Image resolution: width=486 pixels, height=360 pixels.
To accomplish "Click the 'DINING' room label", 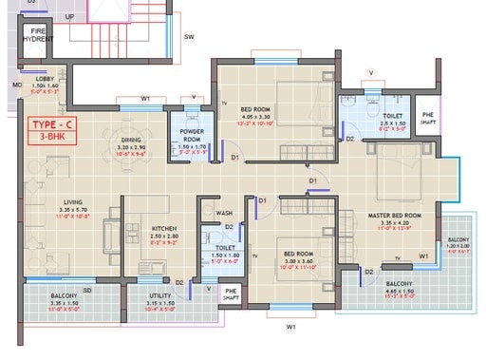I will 132,141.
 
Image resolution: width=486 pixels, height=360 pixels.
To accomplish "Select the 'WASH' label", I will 225,214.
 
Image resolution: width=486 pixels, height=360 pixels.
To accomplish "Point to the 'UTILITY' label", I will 159,296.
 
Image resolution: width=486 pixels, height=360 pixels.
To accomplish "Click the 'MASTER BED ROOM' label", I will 398,216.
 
